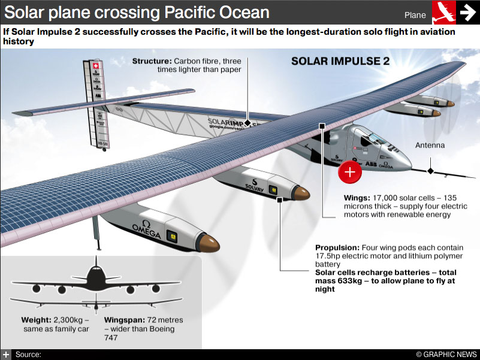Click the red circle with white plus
[x=350, y=172]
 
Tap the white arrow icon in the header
[x=467, y=12]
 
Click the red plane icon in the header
[x=443, y=12]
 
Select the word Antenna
[x=430, y=146]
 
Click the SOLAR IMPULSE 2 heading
[x=340, y=61]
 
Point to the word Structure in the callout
[x=151, y=61]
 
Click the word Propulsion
[x=337, y=247]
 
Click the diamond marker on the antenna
[x=430, y=171]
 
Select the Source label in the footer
[x=28, y=355]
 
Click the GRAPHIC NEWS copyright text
[x=446, y=355]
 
